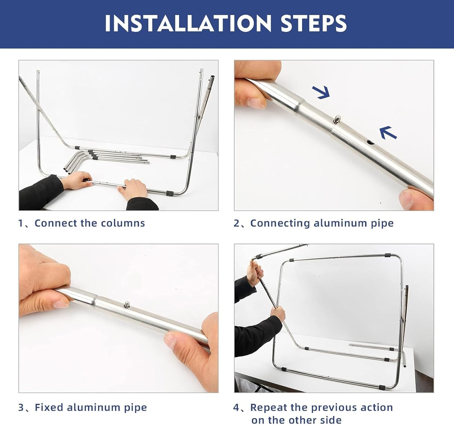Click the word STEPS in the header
click(x=313, y=23)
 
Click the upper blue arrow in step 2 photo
click(x=321, y=92)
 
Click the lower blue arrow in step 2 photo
click(x=388, y=133)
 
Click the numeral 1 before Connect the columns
click(x=21, y=223)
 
